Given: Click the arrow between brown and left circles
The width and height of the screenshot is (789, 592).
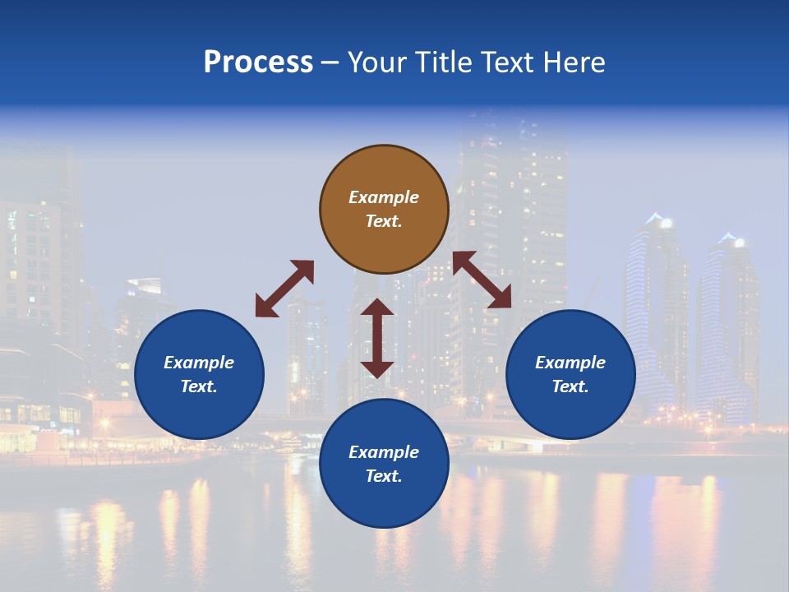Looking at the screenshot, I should point(284,289).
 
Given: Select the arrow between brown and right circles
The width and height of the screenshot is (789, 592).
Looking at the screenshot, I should point(482,280).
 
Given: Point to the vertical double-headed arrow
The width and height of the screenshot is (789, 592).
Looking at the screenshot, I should point(377,338).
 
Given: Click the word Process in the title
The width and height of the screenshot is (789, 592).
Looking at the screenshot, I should point(258,62).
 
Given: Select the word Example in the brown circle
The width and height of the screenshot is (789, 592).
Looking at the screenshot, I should point(384,197).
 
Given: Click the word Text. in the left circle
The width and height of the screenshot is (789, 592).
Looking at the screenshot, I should point(199,386).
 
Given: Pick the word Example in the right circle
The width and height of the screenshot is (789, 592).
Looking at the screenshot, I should point(570,363).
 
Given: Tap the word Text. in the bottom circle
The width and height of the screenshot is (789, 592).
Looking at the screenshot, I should point(384,476).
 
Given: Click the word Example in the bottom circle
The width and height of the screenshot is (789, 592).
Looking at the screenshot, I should point(384,452).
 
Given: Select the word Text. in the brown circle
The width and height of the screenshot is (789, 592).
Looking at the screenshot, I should point(384,221).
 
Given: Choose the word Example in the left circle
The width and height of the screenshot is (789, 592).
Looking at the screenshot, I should point(199,363).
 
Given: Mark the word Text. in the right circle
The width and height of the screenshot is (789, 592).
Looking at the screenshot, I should point(570,386).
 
